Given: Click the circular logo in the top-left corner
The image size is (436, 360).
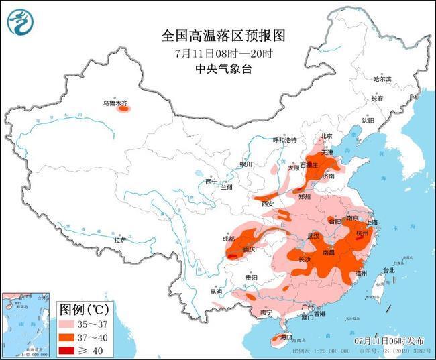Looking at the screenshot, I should click(21, 21).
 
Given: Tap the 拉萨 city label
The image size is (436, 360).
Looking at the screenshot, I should click(120, 239).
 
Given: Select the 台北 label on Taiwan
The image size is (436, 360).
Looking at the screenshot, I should click(388, 270).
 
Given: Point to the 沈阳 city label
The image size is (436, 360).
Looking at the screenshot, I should click(368, 121).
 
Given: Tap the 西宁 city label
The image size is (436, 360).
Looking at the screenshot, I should click(212, 181).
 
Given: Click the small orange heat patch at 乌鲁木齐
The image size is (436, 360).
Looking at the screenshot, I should click(123, 108).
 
